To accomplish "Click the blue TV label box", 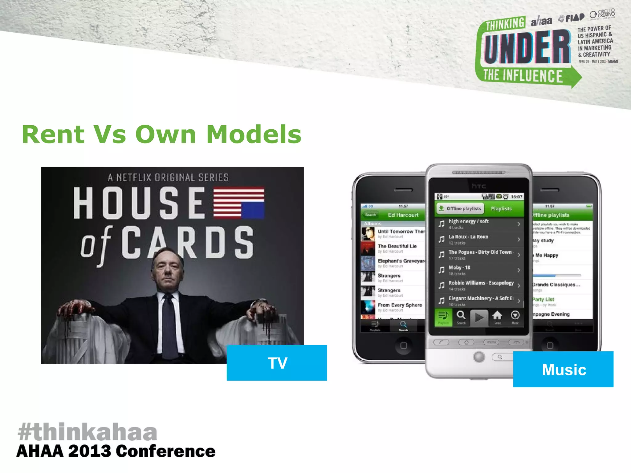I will point(277,362).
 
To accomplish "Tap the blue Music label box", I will point(563,369).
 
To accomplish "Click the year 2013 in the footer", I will point(89,451).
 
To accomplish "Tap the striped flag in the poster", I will point(239,202).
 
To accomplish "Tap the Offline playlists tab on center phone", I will point(460,208).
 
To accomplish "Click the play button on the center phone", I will point(479,317).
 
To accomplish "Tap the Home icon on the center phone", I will point(497,317).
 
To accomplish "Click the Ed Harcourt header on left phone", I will point(403,215).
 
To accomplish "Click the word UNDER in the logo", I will point(527,48).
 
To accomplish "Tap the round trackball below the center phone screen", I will point(479,357).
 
